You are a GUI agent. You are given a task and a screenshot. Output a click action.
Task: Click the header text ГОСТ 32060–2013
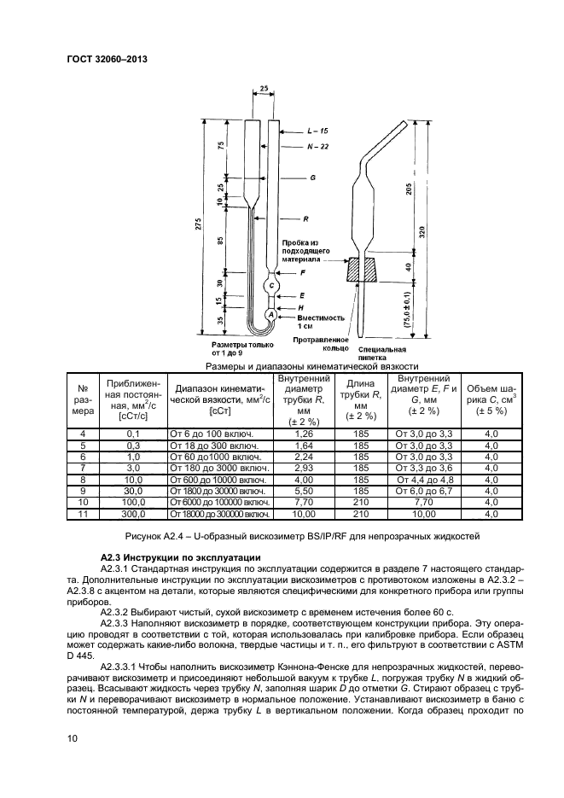click(100, 59)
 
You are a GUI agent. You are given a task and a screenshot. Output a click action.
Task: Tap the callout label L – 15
click(317, 131)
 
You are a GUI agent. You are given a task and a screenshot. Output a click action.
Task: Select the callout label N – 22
click(317, 148)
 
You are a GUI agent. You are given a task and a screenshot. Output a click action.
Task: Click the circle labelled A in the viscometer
click(271, 315)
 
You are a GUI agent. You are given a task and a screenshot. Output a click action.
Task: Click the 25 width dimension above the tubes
click(264, 88)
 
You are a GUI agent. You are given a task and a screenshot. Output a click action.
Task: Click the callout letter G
click(313, 178)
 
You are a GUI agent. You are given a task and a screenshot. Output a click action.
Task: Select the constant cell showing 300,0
click(132, 515)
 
